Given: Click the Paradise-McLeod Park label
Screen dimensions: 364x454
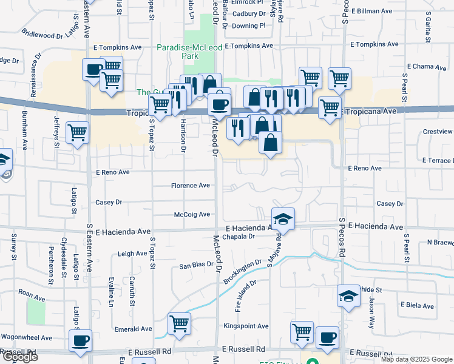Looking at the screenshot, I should pos(178,52).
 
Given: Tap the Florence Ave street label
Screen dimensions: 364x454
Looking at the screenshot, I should pos(190,186).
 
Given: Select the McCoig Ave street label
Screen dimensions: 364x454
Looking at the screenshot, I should pos(192,215).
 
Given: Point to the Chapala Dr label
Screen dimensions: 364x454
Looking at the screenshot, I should pos(238,237).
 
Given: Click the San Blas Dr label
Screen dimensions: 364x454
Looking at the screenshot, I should pos(196,265).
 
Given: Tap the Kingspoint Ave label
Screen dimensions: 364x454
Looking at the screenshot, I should pos(246,326).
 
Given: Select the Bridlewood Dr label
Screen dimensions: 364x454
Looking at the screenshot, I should pos(42,35).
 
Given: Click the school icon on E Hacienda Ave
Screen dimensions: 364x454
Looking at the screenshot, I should pos(282,218).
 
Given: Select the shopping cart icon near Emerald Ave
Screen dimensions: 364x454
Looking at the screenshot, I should pos(180,323).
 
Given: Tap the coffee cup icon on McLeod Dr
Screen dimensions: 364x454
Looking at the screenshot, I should pos(219,103).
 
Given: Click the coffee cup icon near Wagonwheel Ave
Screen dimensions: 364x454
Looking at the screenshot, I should pos(80,340).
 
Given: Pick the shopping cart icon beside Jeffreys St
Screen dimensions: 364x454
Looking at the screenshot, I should pos(78,132).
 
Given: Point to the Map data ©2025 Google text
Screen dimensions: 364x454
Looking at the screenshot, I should pos(416,359).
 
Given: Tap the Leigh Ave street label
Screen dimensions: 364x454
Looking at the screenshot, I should pos(132,254).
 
